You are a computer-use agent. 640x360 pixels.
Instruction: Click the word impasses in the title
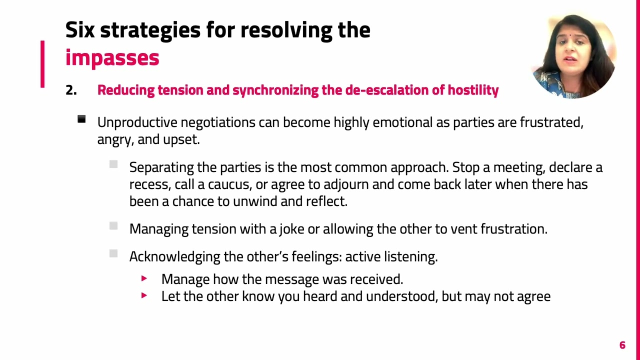[x=112, y=58]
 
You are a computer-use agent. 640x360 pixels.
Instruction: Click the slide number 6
[x=622, y=345]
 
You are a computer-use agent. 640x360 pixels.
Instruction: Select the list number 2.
[x=71, y=90]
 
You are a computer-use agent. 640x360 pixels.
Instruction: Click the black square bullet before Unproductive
[x=81, y=119]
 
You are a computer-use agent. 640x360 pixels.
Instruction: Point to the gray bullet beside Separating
[x=113, y=164]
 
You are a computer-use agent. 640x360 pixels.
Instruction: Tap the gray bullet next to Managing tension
[x=113, y=226]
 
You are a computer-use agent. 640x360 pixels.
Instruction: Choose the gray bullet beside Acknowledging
[x=113, y=253]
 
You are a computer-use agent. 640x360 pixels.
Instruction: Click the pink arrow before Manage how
[x=144, y=278]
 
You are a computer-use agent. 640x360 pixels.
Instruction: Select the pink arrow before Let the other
[x=144, y=295]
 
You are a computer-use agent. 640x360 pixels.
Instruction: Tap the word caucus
[x=229, y=184]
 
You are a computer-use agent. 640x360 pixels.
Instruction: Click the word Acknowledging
[x=174, y=256]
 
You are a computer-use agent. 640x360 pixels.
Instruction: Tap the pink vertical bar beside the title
[x=42, y=64]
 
